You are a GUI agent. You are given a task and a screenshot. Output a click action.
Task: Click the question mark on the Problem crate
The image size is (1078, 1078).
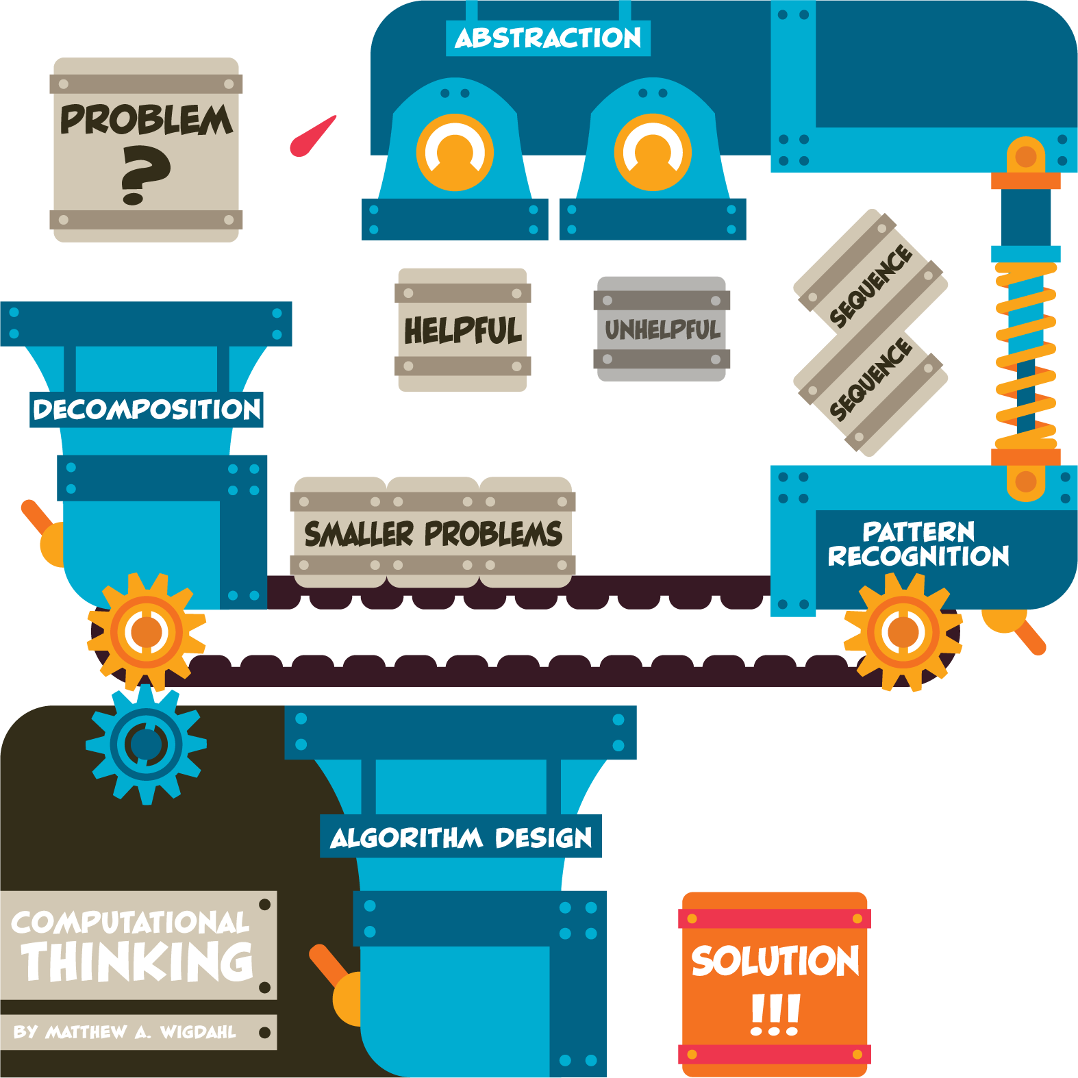point(145,177)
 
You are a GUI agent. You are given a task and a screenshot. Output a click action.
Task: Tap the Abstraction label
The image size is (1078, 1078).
point(548,38)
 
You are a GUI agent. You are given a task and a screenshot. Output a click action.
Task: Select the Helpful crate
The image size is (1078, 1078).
point(462,330)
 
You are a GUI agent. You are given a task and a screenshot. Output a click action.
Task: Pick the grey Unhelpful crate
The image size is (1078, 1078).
point(662,329)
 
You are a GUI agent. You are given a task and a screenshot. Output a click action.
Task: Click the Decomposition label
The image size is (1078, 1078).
point(147,410)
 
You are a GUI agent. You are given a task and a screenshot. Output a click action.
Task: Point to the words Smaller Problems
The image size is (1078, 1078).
point(433,534)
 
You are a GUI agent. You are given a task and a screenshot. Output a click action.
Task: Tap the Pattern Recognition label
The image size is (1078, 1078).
point(918,544)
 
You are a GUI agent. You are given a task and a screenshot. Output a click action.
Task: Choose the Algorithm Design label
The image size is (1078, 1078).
point(461,837)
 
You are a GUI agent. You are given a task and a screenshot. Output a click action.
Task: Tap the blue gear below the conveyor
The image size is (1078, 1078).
point(146,744)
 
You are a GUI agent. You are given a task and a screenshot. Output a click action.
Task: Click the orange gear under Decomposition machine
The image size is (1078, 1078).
point(147,631)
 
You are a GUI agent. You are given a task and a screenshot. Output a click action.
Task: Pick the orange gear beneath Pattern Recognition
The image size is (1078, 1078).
point(903,631)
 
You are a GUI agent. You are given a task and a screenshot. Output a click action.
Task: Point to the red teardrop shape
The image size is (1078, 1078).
point(312,138)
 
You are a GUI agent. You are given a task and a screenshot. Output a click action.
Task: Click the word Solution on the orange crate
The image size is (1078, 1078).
point(775,960)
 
